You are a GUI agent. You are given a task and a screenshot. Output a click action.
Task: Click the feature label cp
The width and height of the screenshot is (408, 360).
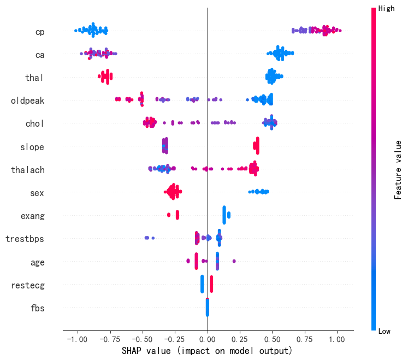coord(40,32)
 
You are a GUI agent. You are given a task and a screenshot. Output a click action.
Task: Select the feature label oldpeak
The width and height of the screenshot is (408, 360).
coord(28,101)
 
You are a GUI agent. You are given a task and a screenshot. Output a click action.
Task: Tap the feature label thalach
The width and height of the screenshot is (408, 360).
coord(28,170)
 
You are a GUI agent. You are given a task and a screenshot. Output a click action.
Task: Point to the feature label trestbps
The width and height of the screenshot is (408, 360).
coord(25,239)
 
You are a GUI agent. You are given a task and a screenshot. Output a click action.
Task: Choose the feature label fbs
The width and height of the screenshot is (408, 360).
coord(37,308)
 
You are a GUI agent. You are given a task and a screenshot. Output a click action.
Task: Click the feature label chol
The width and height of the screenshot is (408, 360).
coord(34,123)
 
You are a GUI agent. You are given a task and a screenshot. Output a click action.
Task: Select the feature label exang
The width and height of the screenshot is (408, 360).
coord(33,216)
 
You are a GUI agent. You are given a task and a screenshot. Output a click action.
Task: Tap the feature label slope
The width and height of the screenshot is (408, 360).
coord(32,147)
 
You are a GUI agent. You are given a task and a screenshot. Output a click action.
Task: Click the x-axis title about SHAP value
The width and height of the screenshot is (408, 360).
coord(207,350)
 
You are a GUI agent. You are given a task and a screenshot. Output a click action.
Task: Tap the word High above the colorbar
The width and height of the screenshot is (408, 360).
coord(386,8)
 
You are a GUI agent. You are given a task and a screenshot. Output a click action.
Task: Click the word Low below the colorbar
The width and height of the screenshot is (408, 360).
coord(385,331)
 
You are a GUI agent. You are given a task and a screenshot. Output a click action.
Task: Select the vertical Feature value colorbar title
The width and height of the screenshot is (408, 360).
coord(398,169)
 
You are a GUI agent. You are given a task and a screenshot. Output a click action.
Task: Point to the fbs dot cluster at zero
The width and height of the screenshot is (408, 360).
coord(208,308)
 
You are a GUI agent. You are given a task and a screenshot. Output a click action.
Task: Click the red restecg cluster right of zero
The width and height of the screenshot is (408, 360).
coord(211,285)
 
